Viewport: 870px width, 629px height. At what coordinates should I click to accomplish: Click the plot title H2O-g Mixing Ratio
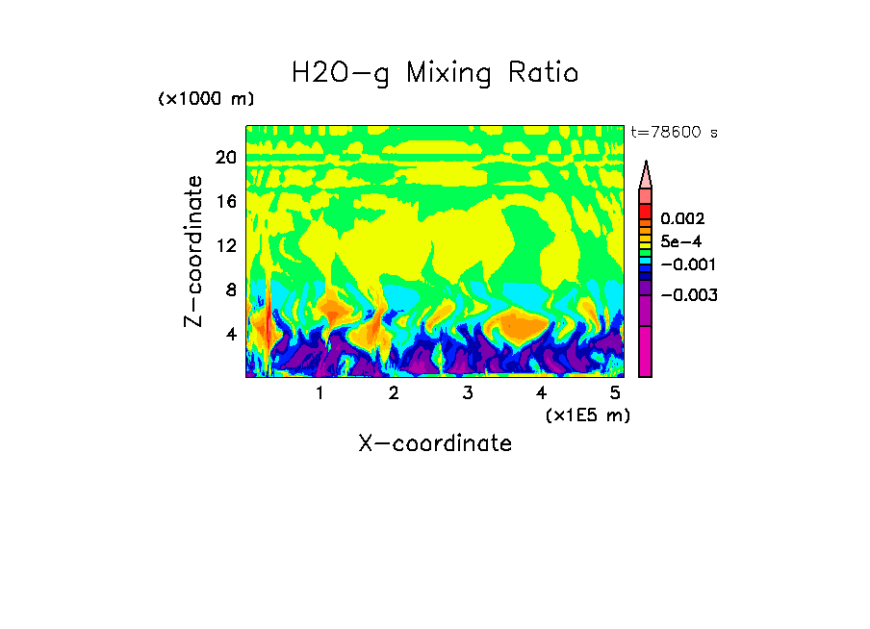click(435, 73)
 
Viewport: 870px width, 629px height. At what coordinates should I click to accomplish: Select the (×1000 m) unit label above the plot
click(205, 100)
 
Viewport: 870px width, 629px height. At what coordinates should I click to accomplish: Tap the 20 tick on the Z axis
click(225, 158)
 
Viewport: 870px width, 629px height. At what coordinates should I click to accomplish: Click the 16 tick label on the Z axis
click(225, 202)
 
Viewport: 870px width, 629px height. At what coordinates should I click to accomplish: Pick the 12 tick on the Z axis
click(225, 245)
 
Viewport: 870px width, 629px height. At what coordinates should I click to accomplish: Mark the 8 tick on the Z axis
click(230, 289)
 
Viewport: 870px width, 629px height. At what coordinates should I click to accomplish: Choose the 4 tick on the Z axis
click(230, 334)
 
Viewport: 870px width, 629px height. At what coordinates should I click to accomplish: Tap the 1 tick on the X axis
click(320, 393)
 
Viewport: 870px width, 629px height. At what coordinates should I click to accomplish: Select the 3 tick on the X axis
click(467, 393)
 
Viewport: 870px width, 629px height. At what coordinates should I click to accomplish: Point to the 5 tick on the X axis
click(615, 393)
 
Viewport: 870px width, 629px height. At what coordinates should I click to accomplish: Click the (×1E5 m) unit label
click(588, 415)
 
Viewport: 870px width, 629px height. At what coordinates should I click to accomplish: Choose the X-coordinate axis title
click(435, 443)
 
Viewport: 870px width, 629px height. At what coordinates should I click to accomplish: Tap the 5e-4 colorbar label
click(681, 242)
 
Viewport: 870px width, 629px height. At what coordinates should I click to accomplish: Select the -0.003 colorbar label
click(688, 295)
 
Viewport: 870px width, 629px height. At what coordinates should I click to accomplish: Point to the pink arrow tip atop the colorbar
click(646, 174)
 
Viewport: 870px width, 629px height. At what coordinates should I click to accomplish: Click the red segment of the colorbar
click(646, 211)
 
